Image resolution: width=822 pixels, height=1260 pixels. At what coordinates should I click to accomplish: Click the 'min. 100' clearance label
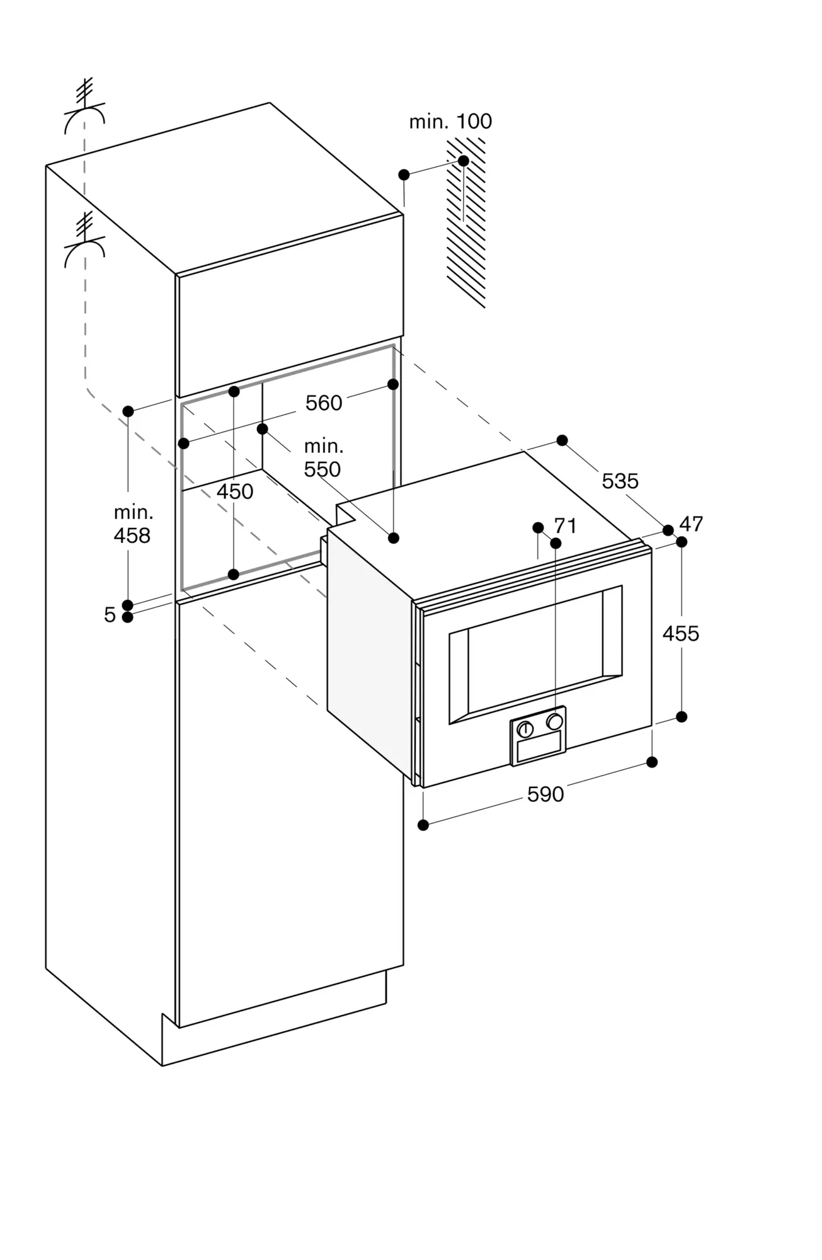coord(450,121)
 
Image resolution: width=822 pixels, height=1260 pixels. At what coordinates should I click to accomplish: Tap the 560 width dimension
coord(324,403)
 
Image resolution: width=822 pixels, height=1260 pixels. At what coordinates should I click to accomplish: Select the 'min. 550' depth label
coord(323,458)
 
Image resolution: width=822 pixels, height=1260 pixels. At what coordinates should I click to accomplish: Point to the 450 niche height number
coord(235,491)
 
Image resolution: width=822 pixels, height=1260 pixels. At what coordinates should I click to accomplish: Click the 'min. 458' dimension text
coord(132,524)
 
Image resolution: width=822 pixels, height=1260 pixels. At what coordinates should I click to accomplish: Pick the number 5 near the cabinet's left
coord(110,614)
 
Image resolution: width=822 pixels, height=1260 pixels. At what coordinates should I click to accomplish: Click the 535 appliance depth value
coord(620,481)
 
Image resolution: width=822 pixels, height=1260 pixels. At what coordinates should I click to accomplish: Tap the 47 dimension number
coord(691,524)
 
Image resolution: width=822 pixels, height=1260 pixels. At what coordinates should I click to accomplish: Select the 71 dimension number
coord(565,525)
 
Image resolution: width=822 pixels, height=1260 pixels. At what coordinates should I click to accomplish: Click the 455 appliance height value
coord(681,633)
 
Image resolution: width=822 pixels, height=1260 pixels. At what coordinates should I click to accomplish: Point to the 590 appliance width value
coord(545,794)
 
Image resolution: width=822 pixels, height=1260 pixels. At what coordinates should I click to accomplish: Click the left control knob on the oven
coord(525,730)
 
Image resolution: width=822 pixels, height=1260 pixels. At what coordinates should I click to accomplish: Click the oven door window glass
coord(535,655)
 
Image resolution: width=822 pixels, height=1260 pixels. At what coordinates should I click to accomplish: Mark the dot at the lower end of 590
coord(423,825)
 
